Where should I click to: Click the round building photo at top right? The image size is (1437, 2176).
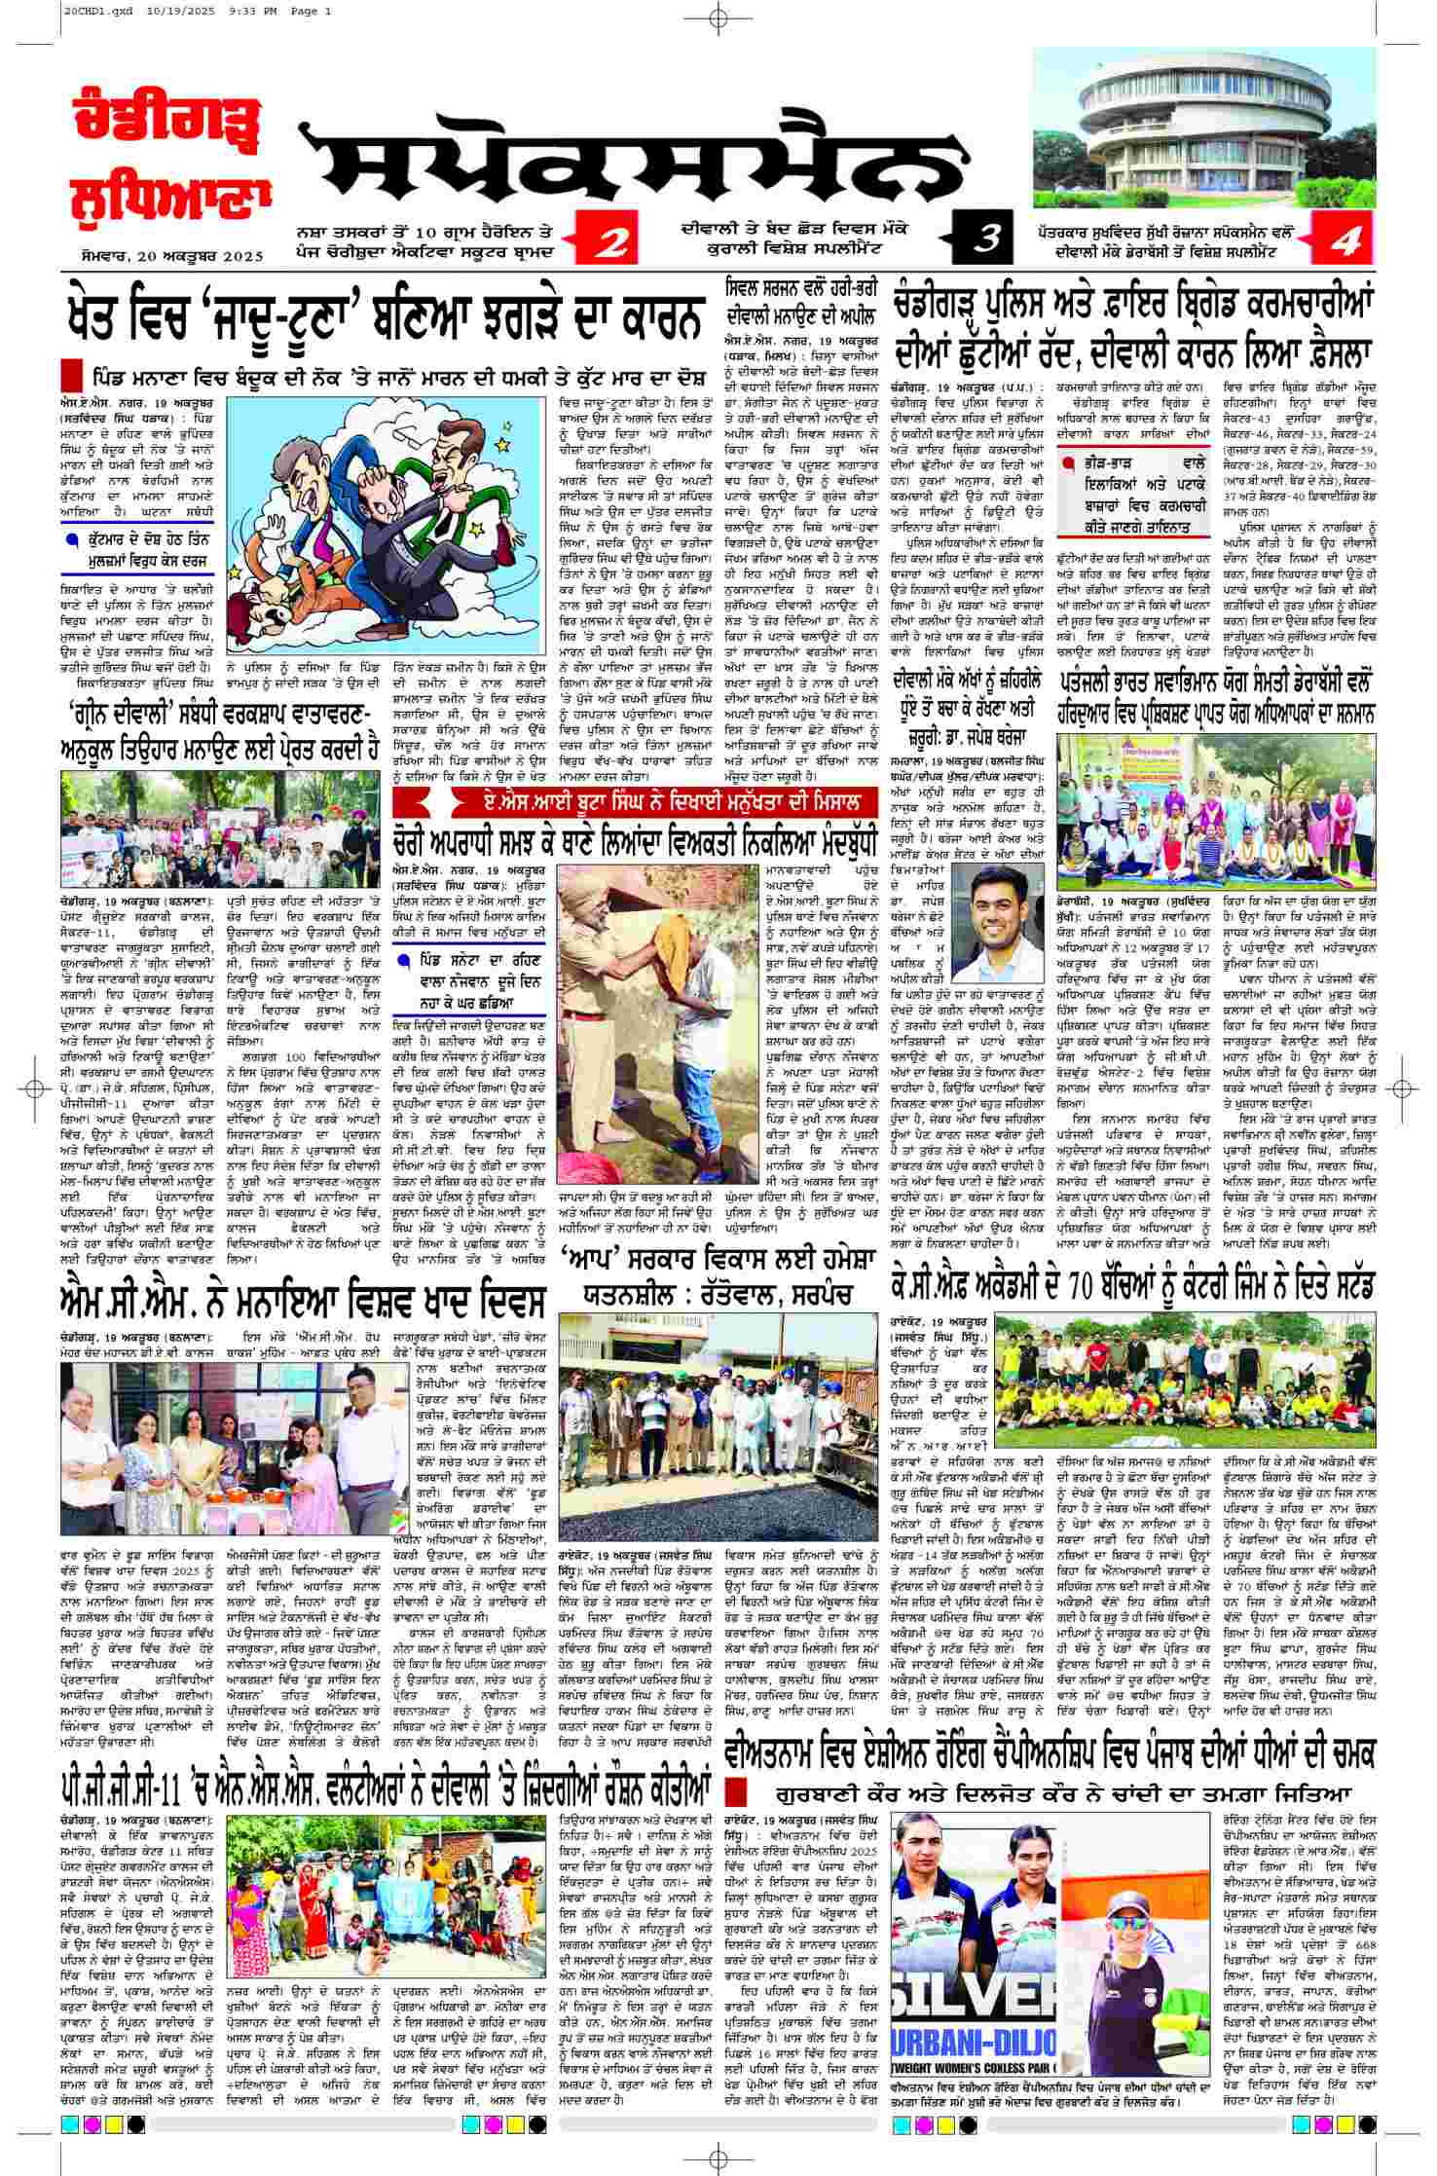pos(1205,128)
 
